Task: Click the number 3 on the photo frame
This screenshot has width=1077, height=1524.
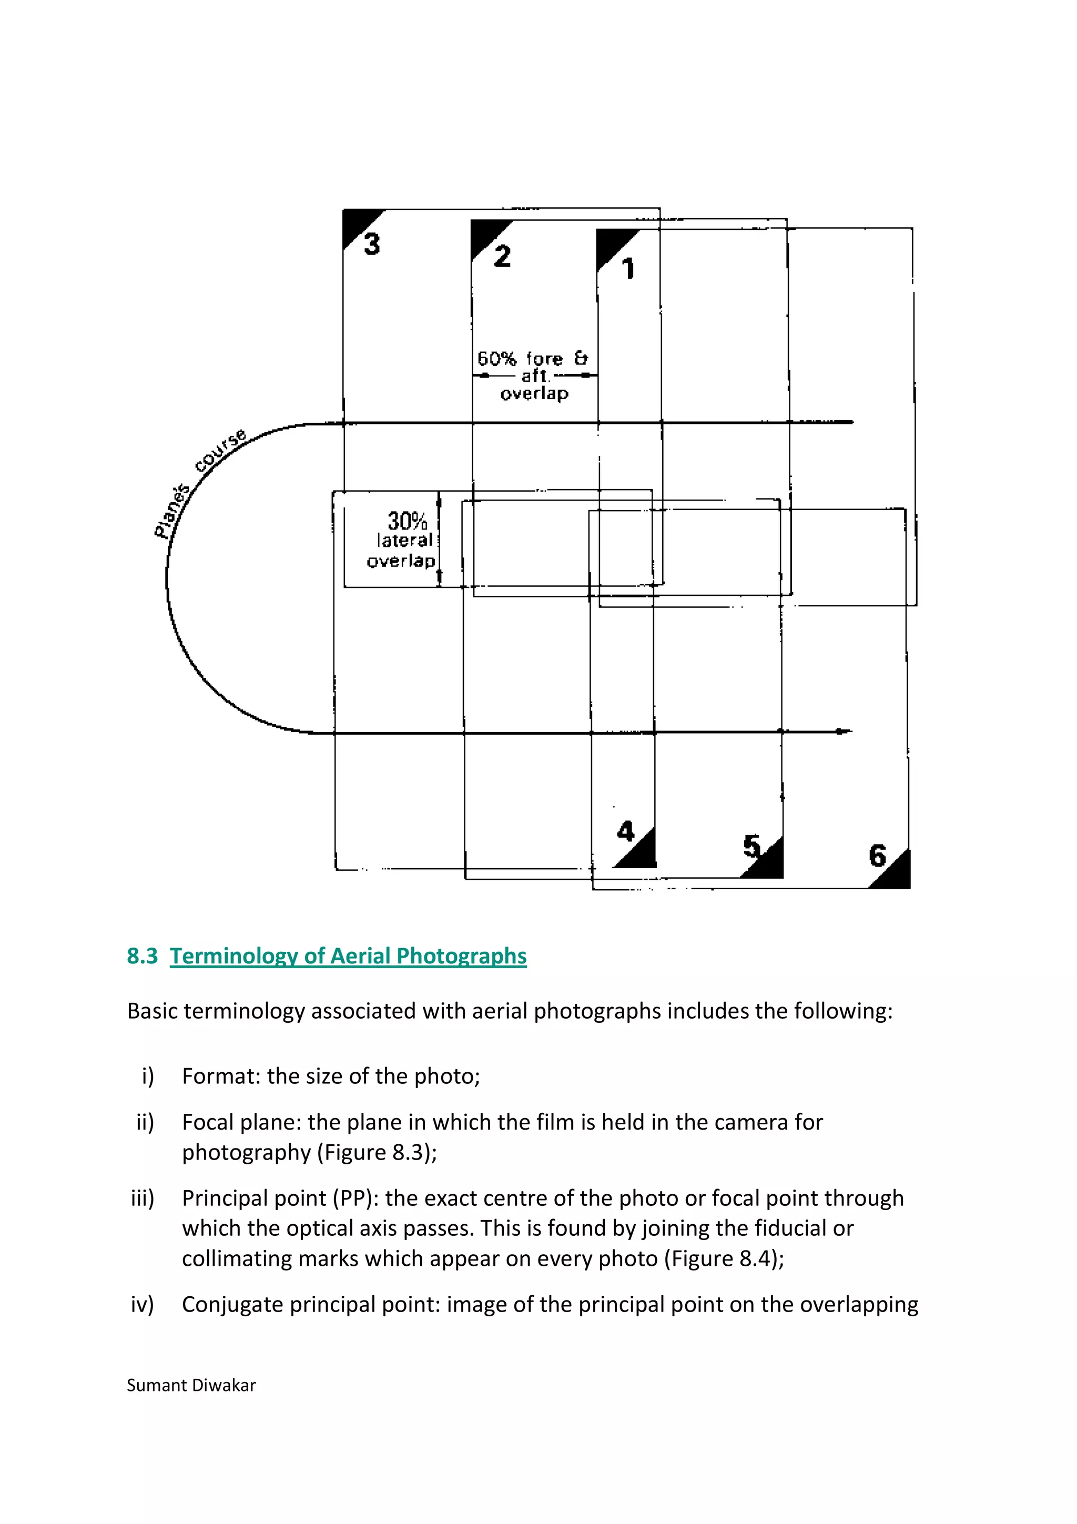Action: (372, 243)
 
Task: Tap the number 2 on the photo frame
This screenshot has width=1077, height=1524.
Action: (502, 256)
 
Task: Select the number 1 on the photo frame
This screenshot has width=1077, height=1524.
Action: (628, 269)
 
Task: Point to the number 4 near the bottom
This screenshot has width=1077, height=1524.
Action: (625, 831)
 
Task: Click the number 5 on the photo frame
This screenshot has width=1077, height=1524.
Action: (751, 846)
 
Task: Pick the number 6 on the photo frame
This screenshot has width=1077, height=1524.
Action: (877, 856)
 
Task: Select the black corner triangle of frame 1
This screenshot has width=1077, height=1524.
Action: (611, 242)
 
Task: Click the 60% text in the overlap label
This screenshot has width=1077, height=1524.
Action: (496, 359)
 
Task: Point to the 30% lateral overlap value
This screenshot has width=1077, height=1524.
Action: (407, 521)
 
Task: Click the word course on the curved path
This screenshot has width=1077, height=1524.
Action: (221, 450)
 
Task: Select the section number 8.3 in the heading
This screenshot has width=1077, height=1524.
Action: (142, 956)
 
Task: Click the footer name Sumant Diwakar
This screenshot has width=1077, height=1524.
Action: (191, 1385)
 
